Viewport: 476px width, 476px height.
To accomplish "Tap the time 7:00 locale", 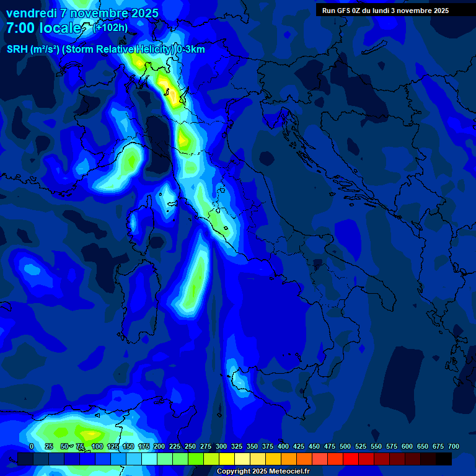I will [43, 29].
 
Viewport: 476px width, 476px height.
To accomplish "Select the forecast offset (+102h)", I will [110, 27].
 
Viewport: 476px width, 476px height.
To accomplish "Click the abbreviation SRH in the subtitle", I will [17, 50].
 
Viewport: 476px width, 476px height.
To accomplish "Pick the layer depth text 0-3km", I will [190, 50].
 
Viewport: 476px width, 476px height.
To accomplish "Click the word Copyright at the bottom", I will [235, 471].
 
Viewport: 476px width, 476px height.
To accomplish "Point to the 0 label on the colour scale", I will [32, 446].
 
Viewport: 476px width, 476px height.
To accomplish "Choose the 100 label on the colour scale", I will [97, 446].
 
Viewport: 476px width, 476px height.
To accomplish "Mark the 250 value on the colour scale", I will [190, 446].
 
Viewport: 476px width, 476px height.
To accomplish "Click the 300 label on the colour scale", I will [221, 446].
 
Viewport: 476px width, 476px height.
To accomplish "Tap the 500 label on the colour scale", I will [345, 446].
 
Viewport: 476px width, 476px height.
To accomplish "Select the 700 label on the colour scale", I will [453, 446].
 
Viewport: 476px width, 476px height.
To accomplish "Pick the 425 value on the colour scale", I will [299, 446].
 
